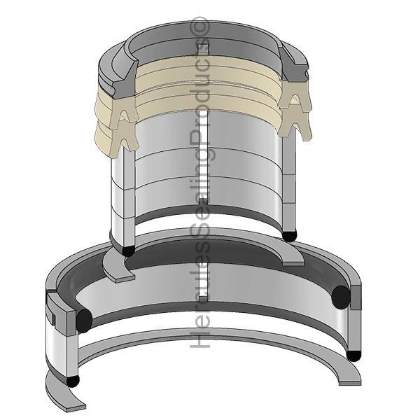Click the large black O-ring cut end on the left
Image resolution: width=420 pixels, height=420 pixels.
[84, 321]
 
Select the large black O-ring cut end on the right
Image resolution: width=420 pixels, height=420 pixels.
[340, 297]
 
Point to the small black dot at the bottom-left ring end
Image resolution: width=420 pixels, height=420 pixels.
[73, 381]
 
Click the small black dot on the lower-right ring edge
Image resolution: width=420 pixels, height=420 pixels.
[353, 356]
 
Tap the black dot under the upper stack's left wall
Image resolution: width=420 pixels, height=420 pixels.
[128, 251]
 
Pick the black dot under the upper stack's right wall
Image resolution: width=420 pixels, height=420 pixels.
[290, 236]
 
